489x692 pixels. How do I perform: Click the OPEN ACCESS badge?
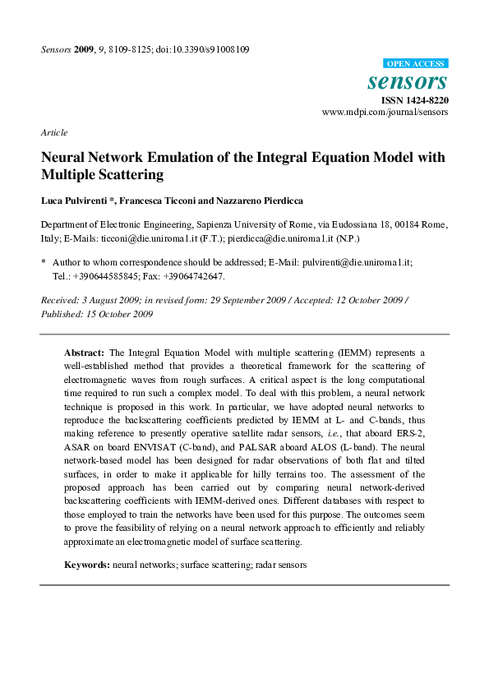click(415, 64)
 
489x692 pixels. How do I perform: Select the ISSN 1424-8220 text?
click(414, 100)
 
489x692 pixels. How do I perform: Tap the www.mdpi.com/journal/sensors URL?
click(385, 113)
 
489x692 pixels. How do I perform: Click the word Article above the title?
click(54, 132)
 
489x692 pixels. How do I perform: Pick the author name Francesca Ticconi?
click(159, 201)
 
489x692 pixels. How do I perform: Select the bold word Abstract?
click(85, 352)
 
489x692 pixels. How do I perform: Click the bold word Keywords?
click(87, 565)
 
